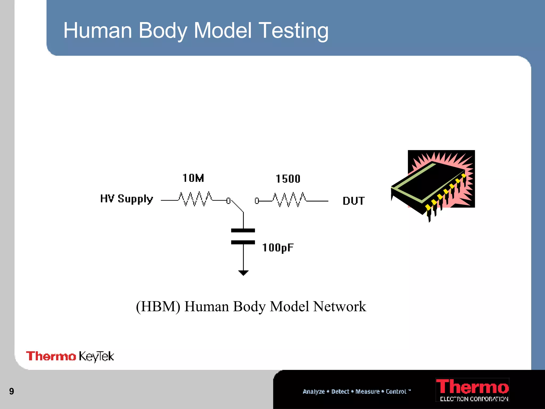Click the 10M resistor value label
(x=193, y=178)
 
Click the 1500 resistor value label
(x=288, y=179)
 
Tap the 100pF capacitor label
(x=278, y=248)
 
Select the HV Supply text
(x=127, y=199)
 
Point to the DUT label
(x=354, y=201)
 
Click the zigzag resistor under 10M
(x=196, y=199)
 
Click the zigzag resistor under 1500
(x=290, y=200)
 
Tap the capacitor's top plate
(x=243, y=230)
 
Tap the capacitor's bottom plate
(x=243, y=242)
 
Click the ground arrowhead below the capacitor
(x=243, y=273)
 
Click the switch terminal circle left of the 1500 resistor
(x=257, y=201)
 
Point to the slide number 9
(x=11, y=391)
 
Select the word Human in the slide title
(x=98, y=30)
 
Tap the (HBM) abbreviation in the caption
(x=158, y=306)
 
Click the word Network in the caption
(x=340, y=306)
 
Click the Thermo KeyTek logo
(x=70, y=356)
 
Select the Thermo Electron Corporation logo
(x=472, y=390)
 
